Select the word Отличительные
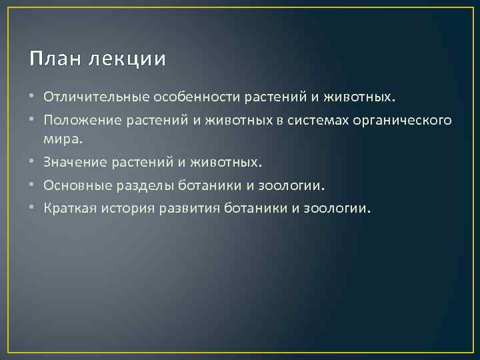coord(97,99)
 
